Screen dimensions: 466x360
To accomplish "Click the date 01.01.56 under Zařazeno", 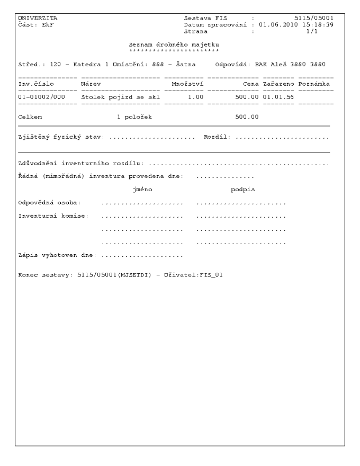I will pos(278,97).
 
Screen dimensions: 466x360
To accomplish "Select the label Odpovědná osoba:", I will pos(49,203).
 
